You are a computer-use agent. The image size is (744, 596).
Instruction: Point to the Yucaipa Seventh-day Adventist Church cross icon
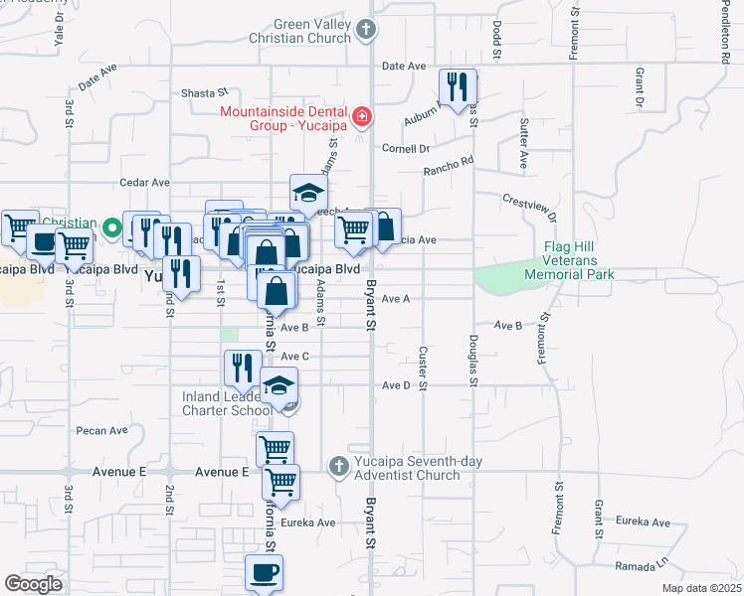pyautogui.click(x=338, y=465)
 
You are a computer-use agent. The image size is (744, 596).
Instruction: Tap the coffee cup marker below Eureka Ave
pyautogui.click(x=265, y=573)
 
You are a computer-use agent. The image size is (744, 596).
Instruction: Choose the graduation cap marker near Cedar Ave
pyautogui.click(x=309, y=193)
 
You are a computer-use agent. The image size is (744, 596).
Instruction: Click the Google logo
pyautogui.click(x=34, y=584)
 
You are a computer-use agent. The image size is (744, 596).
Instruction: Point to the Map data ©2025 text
pyautogui.click(x=701, y=588)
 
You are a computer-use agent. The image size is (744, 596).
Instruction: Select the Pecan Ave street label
pyautogui.click(x=102, y=431)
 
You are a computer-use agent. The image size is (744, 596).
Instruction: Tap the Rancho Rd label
pyautogui.click(x=449, y=165)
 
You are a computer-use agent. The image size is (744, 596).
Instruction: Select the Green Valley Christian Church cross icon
pyautogui.click(x=366, y=30)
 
